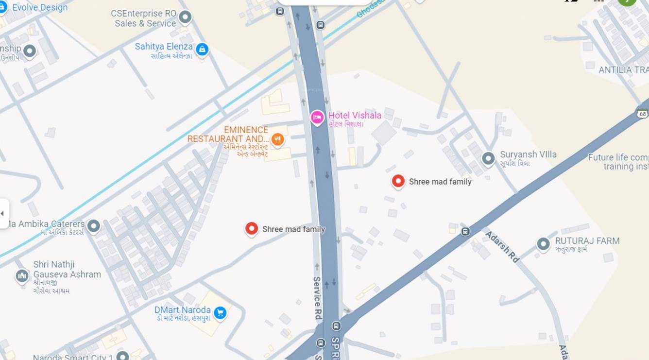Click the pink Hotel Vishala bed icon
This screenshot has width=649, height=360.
[x=317, y=117]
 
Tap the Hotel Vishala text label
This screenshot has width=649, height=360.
[x=355, y=116]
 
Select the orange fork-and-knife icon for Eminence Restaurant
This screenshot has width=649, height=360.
[x=277, y=140]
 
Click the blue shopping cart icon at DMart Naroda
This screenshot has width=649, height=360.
[x=220, y=313]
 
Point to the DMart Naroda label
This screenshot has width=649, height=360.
[x=182, y=310]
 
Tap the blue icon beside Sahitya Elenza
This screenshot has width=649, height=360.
[x=202, y=49]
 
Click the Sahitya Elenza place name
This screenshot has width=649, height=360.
[x=164, y=47]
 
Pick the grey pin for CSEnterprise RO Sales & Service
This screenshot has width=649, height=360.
[x=185, y=18]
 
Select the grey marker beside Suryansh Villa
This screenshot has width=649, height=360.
[x=488, y=158]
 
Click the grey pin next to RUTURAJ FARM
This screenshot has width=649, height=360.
[x=543, y=244]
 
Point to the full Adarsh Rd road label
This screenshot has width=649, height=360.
[x=502, y=247]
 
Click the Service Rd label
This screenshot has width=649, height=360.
[x=317, y=298]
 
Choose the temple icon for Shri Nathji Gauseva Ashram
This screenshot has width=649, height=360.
[x=22, y=276]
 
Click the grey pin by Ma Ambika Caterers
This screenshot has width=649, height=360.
[x=93, y=225]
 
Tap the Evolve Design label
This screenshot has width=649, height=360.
[x=40, y=8]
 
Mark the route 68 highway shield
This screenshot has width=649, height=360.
[x=643, y=114]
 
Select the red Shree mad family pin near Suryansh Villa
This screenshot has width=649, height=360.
[x=398, y=181]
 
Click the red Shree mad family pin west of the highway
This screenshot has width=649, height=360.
[x=252, y=228]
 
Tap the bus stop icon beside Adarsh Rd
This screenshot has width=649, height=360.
[x=465, y=231]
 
